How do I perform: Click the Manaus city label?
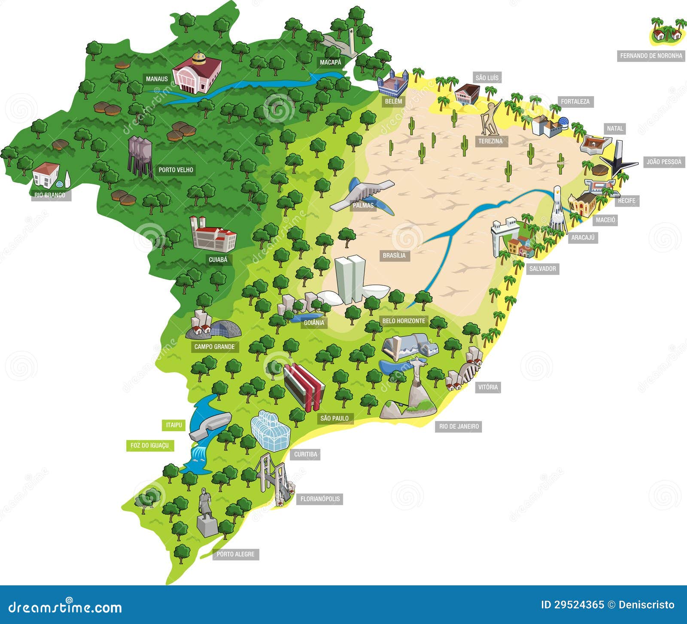pyautogui.click(x=157, y=79)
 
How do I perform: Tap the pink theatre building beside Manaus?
pyautogui.click(x=197, y=74)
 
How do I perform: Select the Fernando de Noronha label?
pyautogui.click(x=651, y=56)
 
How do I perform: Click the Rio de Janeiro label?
pyautogui.click(x=459, y=426)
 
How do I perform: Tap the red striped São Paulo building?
pyautogui.click(x=303, y=386)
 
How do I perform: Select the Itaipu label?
pyautogui.click(x=174, y=425)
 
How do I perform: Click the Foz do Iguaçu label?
pyautogui.click(x=149, y=446)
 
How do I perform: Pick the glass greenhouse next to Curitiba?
pyautogui.click(x=271, y=430)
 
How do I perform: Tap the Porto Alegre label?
pyautogui.click(x=235, y=554)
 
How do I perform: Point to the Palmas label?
pyautogui.click(x=363, y=206)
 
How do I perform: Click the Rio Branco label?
pyautogui.click(x=50, y=195)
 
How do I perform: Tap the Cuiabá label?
pyautogui.click(x=218, y=260)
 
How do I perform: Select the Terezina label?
pyautogui.click(x=490, y=141)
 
